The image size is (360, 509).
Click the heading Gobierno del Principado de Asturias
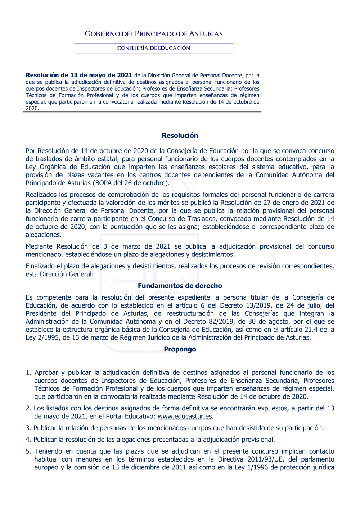click(154, 34)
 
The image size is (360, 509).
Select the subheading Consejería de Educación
click(154, 48)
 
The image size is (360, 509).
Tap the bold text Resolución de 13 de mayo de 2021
click(79, 75)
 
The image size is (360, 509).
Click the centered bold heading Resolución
click(180, 136)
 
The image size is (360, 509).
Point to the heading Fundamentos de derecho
click(180, 286)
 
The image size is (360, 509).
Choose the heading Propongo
click(180, 349)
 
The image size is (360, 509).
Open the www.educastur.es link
click(185, 417)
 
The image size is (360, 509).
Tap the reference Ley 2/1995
click(42, 337)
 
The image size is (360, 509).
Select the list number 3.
click(28, 428)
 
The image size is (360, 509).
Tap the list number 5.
click(28, 451)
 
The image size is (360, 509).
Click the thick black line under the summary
click(142, 112)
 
